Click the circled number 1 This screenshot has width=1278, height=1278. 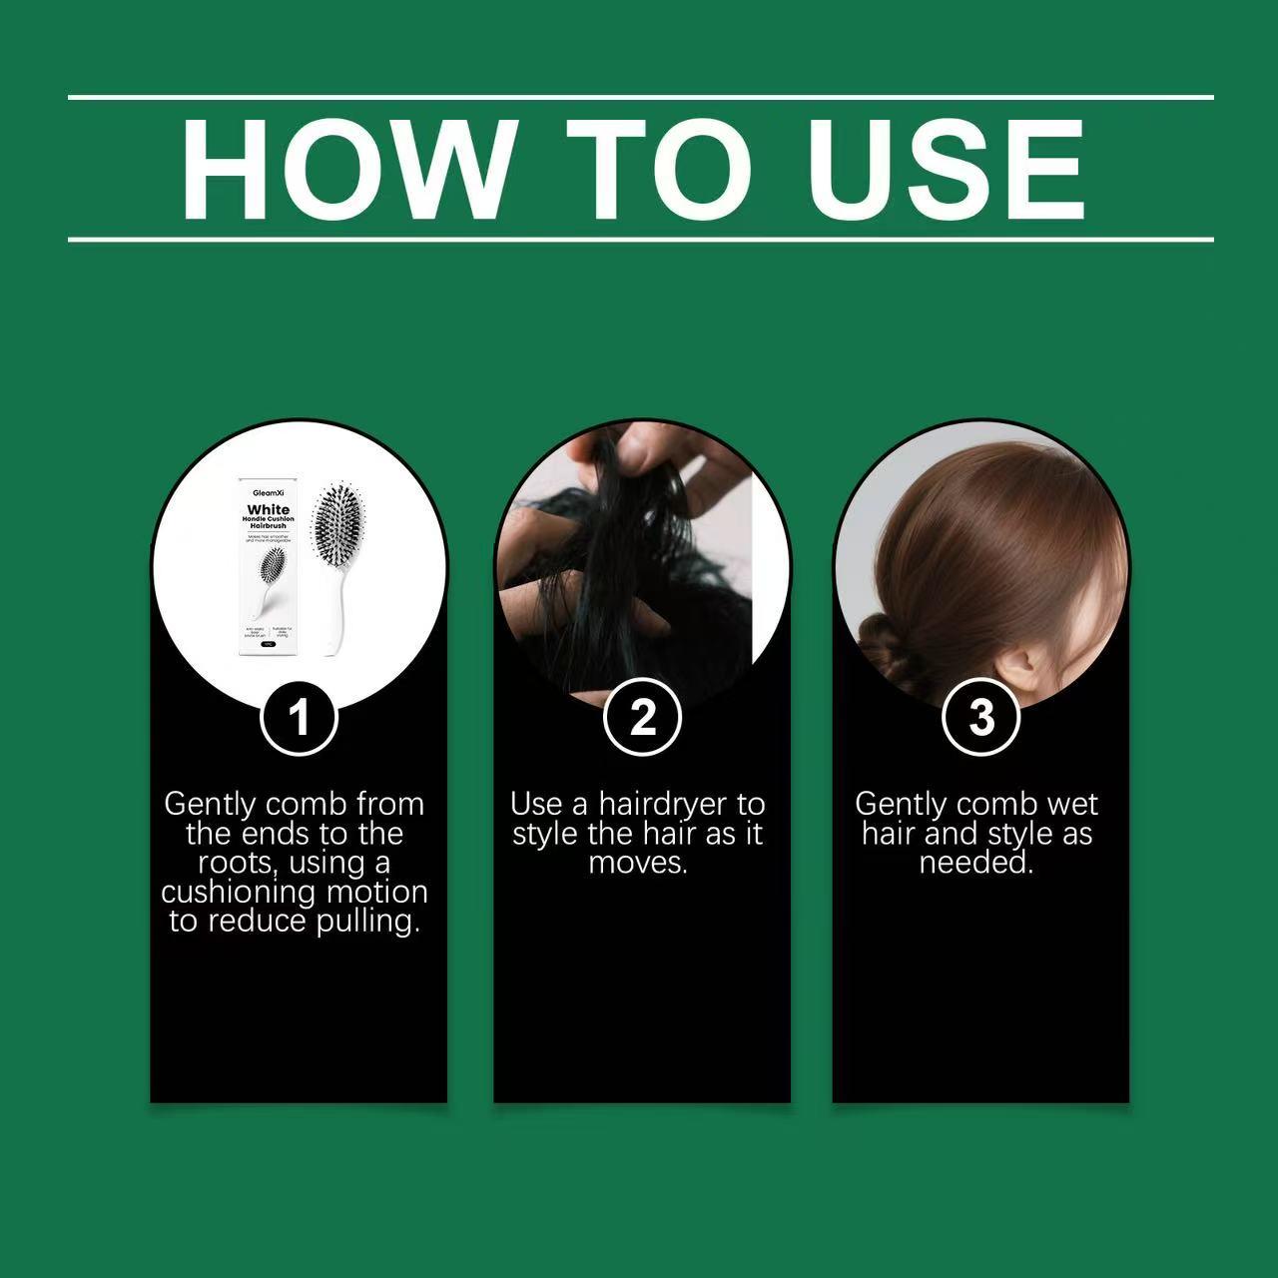[x=299, y=717]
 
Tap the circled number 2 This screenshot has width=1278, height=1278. [x=642, y=717]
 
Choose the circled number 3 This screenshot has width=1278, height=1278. [x=981, y=717]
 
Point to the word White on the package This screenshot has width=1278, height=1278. [x=269, y=510]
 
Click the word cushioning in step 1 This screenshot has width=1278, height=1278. [x=239, y=892]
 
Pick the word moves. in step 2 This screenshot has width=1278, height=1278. [x=638, y=863]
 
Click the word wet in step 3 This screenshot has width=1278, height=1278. [x=1071, y=804]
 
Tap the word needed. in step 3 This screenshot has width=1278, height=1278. [x=976, y=863]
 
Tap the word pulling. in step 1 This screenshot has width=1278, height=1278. [x=367, y=921]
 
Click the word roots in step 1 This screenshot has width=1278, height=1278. [x=236, y=863]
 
